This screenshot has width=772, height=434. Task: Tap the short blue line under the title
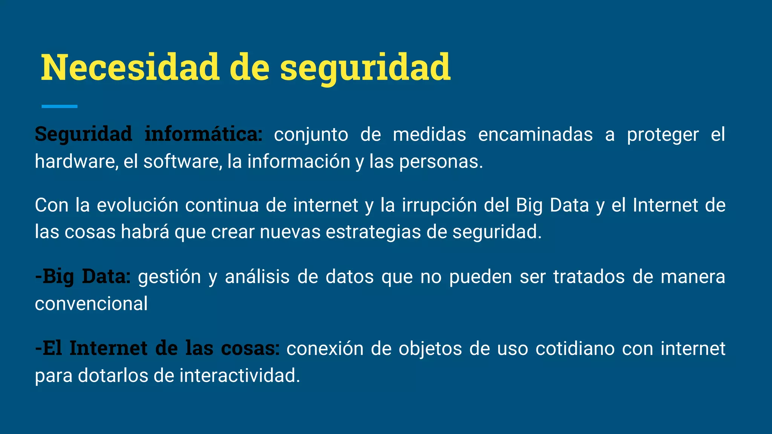point(60,107)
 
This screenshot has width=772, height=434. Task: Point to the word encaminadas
point(535,135)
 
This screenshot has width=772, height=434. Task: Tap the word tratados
point(589,277)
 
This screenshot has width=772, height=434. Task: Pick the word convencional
point(91,304)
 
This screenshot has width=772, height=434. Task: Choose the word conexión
point(325,349)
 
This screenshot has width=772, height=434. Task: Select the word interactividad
point(240,376)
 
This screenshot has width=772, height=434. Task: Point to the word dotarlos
point(113,376)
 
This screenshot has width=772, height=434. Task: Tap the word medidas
point(429,135)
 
